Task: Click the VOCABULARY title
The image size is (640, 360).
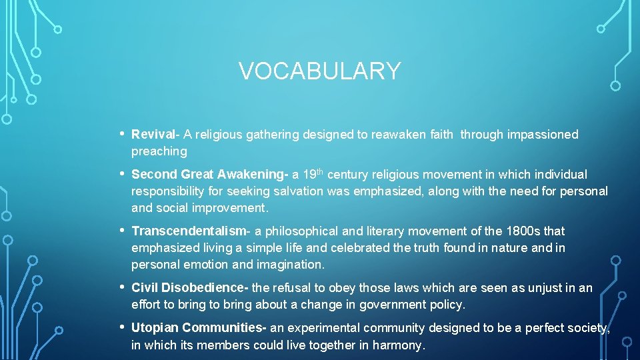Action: point(320,71)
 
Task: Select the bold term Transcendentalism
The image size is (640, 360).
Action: point(189,231)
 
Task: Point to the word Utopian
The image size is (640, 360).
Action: point(155,328)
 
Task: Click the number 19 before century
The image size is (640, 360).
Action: point(309,175)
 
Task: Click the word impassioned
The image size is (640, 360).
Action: point(543,135)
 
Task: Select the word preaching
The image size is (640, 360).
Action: point(159,151)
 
